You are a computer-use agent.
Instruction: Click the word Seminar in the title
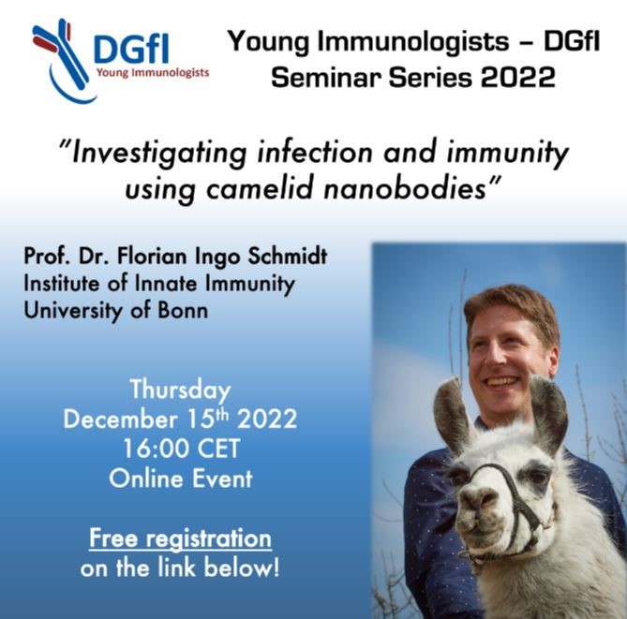pos(326,77)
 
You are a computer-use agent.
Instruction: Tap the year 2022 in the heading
pos(518,77)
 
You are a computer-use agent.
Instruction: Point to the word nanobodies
pos(404,188)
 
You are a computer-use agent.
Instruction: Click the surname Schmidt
pos(287,256)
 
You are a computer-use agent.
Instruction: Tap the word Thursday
pos(180,390)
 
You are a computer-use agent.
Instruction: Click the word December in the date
pos(120,420)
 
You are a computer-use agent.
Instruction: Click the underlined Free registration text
pos(180,539)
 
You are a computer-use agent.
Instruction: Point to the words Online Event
pos(181,479)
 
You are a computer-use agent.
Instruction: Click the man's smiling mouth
pos(500,381)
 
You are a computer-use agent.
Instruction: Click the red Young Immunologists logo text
pos(153,73)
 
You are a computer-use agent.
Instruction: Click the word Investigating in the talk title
pos(158,154)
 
